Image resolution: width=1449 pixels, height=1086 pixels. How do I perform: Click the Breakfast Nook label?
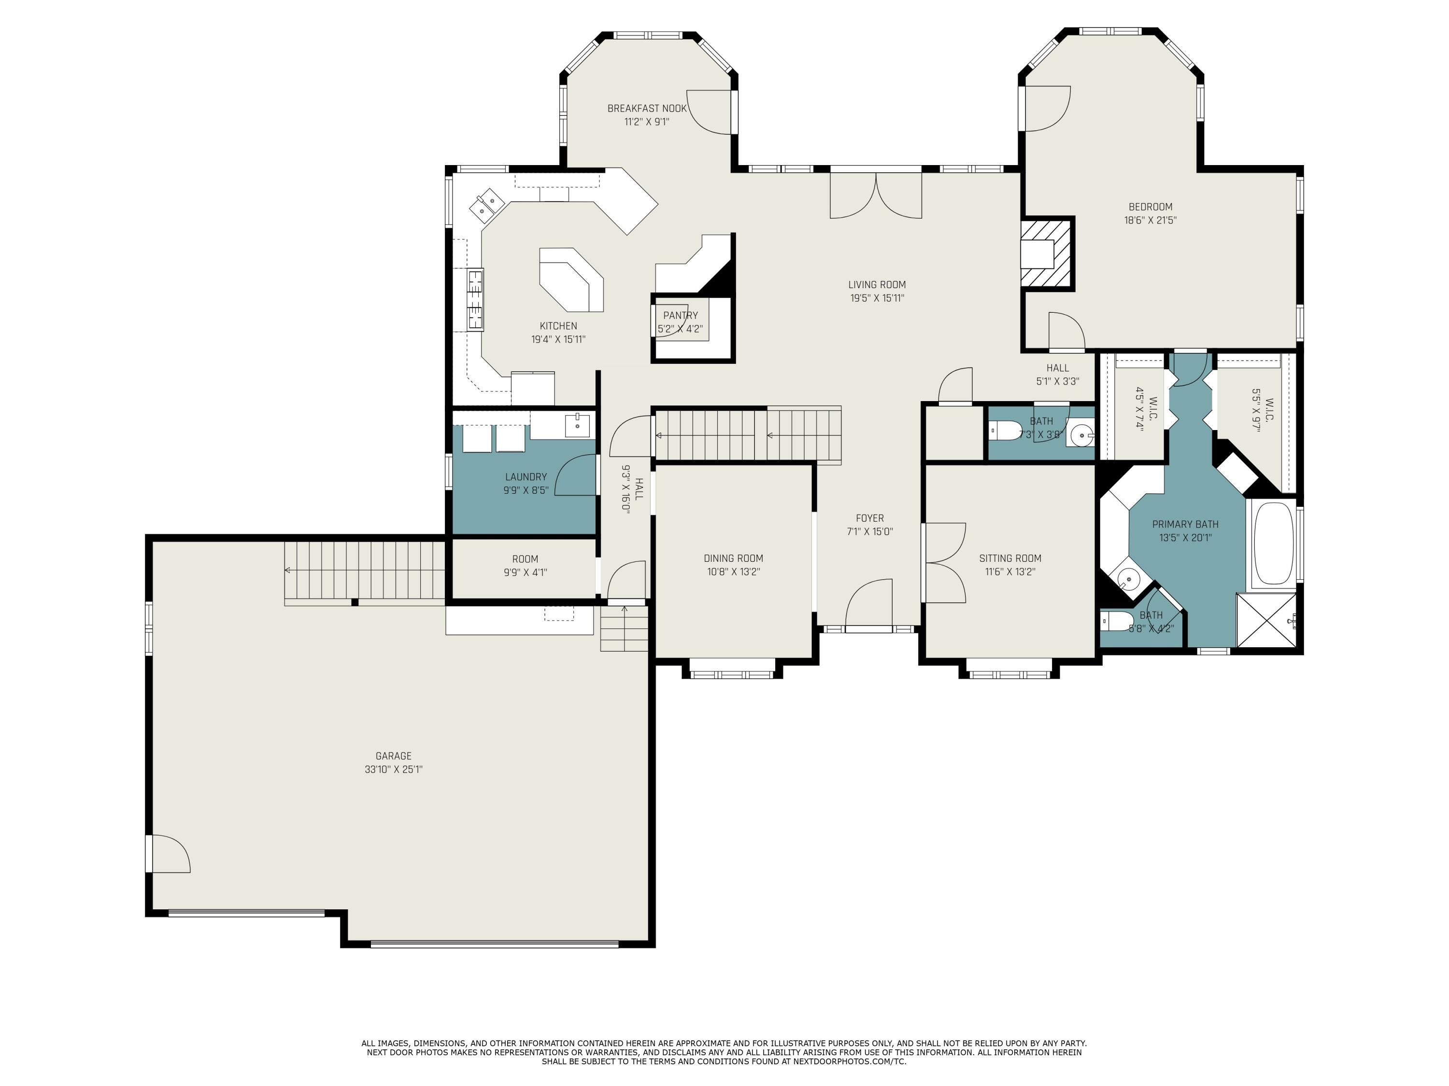click(647, 109)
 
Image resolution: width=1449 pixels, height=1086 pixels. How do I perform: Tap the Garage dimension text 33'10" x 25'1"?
click(393, 769)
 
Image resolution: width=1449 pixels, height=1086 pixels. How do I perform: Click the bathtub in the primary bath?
click(1273, 544)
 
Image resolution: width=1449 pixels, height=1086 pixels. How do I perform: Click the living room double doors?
click(876, 195)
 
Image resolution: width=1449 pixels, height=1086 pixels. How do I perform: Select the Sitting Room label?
click(1009, 558)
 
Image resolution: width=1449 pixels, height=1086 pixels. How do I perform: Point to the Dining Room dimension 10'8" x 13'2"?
click(733, 571)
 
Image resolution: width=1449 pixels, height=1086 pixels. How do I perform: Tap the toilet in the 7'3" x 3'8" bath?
click(1006, 431)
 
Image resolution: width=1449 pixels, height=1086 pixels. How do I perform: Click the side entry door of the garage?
click(167, 854)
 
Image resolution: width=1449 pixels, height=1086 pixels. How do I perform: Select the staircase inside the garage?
click(364, 571)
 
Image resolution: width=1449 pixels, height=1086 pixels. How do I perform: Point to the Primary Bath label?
click(1184, 524)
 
